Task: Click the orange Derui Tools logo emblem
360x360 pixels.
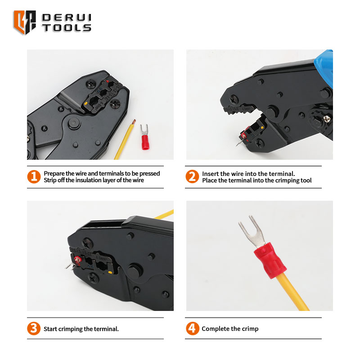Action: coord(24,22)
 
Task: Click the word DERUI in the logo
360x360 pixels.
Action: coord(67,18)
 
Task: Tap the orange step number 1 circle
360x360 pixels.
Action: coord(34,176)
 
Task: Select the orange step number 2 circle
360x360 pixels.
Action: coord(192,176)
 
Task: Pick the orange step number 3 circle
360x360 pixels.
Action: coord(34,328)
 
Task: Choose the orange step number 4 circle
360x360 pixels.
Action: coord(193,328)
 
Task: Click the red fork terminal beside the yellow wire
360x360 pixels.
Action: coord(144,137)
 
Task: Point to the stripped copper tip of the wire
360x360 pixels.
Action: coord(134,121)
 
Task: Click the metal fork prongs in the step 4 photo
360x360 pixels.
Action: coord(252,231)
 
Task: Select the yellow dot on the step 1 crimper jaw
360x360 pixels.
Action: coord(86,103)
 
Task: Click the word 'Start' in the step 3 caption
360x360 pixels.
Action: coord(50,329)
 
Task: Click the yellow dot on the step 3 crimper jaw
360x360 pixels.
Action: coord(110,273)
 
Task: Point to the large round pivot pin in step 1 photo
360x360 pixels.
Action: coord(74,123)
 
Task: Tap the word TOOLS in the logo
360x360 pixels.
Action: coord(67,28)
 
